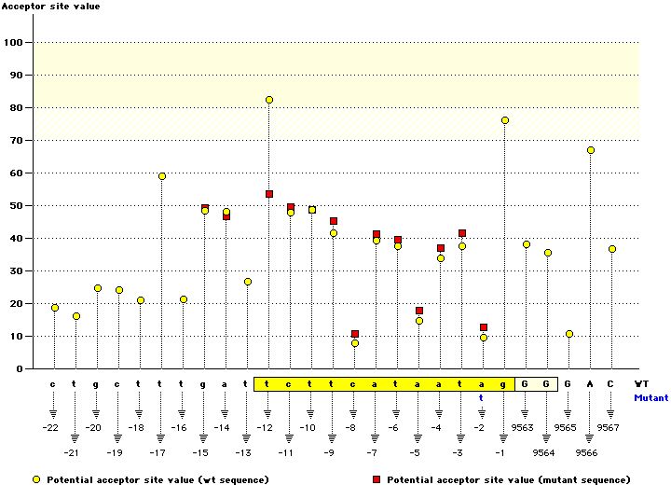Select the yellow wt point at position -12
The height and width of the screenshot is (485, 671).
pos(269,100)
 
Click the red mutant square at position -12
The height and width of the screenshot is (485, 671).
pos(269,194)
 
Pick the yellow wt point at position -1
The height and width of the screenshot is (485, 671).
pos(505,120)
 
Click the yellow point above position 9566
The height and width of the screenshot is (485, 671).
pos(591,150)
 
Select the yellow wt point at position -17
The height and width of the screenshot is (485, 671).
pos(162,176)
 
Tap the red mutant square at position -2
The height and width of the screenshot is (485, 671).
pos(484,327)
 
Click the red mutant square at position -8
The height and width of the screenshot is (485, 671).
pos(355,334)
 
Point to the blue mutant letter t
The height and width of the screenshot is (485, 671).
pos(482,396)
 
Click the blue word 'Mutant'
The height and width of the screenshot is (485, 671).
pos(650,396)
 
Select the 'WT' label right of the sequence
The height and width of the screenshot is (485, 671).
pos(641,383)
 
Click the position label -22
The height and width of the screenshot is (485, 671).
pos(51,427)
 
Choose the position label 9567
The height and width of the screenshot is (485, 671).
pos(609,427)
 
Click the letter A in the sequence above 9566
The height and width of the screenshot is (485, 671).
pos(589,383)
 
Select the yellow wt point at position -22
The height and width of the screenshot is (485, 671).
pos(55,308)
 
